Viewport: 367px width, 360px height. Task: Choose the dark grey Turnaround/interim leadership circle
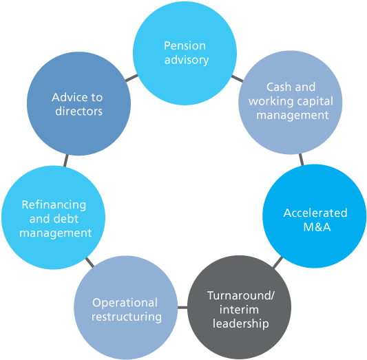[240, 308]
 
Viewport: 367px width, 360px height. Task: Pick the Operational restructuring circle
[126, 308]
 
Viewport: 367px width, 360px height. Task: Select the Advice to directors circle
[78, 104]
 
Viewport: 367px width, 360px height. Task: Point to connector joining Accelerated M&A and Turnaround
[276, 263]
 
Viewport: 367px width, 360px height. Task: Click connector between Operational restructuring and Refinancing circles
[90, 262]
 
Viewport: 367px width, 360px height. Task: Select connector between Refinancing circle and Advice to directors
[66, 160]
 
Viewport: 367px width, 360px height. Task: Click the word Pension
[185, 46]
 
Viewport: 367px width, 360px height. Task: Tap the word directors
[77, 111]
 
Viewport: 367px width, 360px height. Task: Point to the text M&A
[315, 226]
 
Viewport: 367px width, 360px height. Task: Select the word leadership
[240, 322]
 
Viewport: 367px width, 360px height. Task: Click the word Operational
[125, 302]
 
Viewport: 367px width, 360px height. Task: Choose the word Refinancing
[54, 205]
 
